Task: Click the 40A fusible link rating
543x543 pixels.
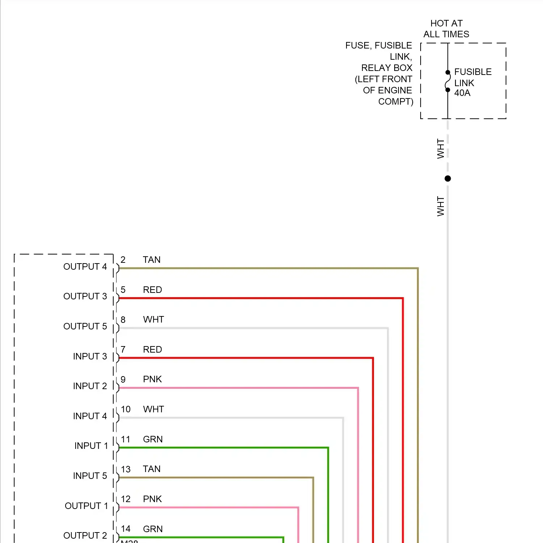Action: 462,93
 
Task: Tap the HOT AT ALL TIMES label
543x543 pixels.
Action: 446,29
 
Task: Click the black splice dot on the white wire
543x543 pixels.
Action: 448,178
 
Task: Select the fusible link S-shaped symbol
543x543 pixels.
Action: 448,81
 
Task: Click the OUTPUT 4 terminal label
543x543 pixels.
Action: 85,267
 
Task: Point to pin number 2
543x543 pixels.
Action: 123,260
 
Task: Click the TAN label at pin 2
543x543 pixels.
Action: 152,260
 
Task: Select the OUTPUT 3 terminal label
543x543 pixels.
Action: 85,296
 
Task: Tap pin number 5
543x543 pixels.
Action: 123,290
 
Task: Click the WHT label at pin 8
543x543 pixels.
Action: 153,320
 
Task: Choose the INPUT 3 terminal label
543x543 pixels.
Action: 90,357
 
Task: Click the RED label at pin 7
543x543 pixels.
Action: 152,350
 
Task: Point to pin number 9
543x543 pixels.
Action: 123,379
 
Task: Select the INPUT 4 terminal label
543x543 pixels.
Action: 90,416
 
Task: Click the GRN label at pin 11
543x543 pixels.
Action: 153,439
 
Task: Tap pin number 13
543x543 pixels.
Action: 126,470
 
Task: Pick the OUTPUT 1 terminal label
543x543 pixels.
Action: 86,506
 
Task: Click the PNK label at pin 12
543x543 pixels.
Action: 152,499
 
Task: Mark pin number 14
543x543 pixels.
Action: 126,529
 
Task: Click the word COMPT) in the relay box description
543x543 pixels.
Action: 396,102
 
